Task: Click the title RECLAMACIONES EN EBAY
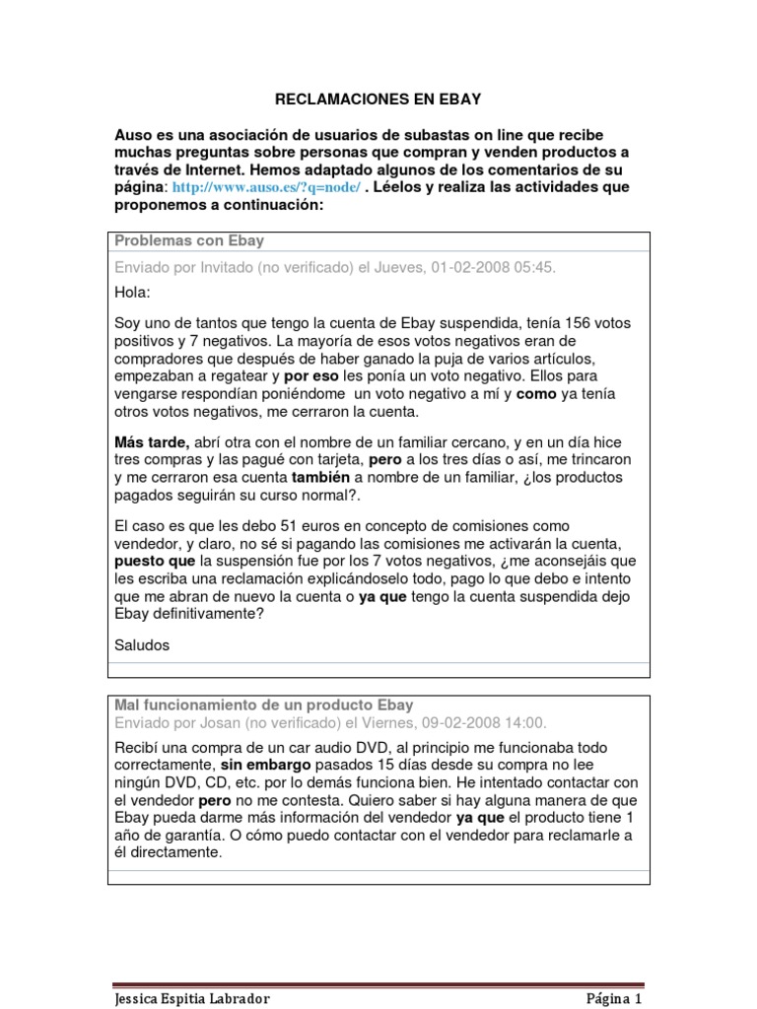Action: [378, 100]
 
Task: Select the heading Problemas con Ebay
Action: [189, 241]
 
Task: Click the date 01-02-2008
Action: [478, 267]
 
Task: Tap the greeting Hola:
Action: [133, 293]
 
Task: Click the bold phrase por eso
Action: [311, 376]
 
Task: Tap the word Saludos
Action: [142, 645]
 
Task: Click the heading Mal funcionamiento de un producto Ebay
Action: [264, 706]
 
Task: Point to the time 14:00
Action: [526, 722]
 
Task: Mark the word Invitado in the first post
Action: [230, 267]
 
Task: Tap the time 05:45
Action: [548, 267]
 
